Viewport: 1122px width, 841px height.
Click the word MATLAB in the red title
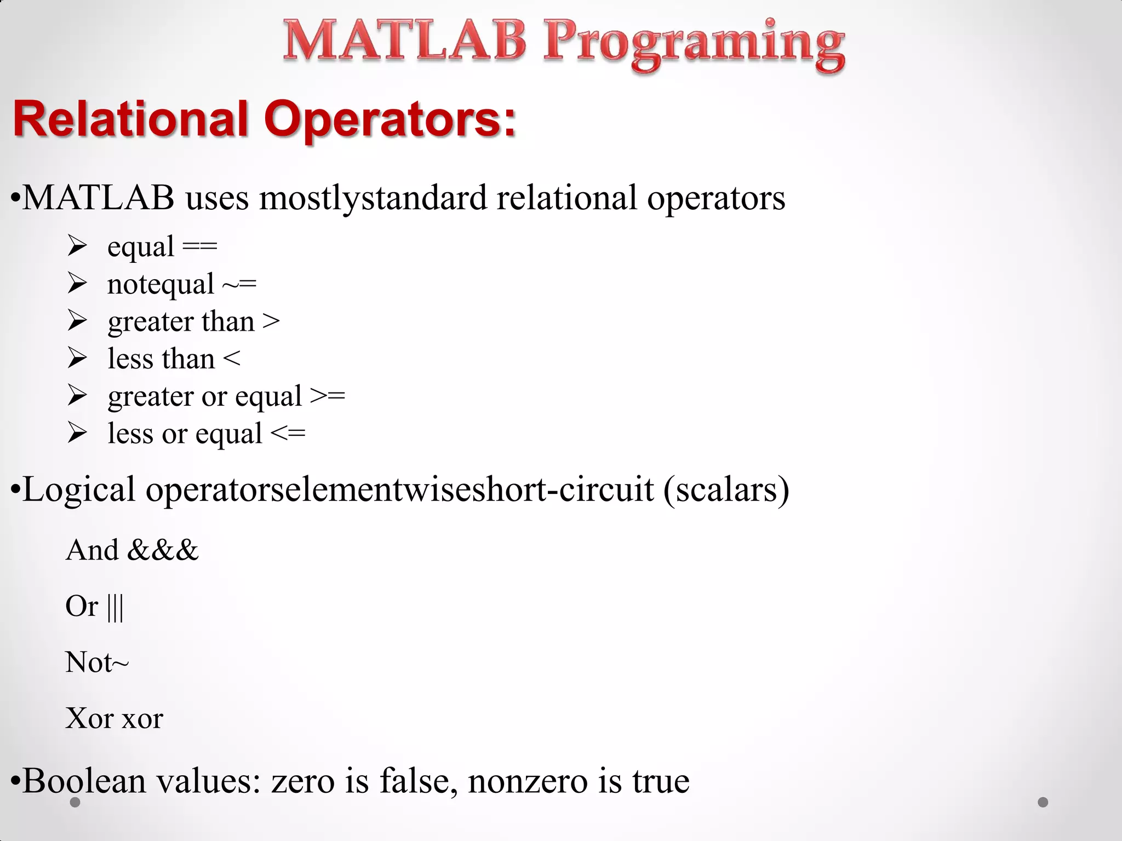tap(404, 41)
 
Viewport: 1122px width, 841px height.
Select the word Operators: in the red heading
tap(390, 119)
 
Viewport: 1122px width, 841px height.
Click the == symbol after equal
tap(199, 247)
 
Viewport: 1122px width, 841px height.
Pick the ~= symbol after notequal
tap(239, 285)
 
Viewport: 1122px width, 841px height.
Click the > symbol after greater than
tap(271, 322)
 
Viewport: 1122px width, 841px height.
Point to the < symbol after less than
tap(232, 359)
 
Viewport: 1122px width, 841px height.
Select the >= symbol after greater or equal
tap(328, 396)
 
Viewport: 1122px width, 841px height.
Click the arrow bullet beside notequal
tap(77, 284)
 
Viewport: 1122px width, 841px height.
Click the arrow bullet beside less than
tap(77, 359)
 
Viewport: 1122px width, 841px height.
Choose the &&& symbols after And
tap(163, 550)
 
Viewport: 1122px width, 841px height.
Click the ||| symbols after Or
tap(115, 607)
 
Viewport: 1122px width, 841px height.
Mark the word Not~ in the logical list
tap(97, 663)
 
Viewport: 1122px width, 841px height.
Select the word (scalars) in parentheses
tap(726, 489)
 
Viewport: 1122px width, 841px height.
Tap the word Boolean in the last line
tap(85, 781)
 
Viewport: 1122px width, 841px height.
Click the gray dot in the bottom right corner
tap(1043, 802)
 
